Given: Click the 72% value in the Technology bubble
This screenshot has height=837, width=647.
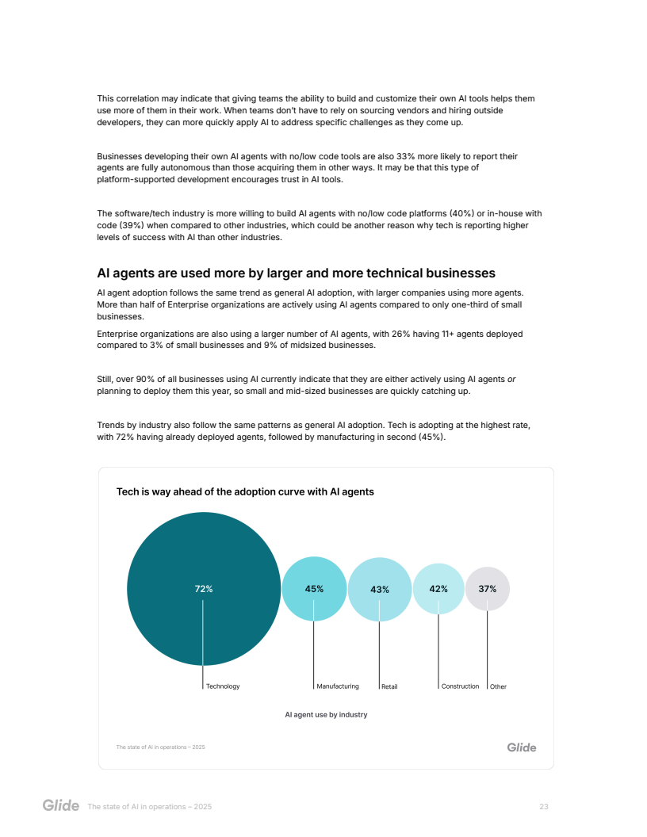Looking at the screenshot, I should point(204,589).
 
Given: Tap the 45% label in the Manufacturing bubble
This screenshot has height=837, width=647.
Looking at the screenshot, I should point(314,589).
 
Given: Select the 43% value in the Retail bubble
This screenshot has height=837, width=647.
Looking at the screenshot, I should point(380,590).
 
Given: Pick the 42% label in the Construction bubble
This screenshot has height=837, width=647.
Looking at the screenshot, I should point(438,589).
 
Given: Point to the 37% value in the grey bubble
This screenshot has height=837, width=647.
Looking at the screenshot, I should point(487,589).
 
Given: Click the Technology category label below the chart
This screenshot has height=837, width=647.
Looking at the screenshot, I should point(223,686).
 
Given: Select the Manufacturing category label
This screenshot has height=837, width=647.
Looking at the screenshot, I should point(338,686).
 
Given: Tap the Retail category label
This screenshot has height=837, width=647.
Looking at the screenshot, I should point(389,686).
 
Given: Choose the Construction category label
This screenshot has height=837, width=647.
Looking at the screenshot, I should point(460,686).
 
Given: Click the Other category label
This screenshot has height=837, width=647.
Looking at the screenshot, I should point(498,686).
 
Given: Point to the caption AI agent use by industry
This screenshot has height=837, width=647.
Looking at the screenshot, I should point(326,715).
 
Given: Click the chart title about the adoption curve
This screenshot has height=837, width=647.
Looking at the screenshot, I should point(245,492).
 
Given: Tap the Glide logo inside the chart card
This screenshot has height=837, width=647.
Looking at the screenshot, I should point(522,747).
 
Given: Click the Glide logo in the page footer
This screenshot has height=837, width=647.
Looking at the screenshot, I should point(61,806).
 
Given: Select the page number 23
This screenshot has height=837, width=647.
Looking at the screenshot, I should point(544,807).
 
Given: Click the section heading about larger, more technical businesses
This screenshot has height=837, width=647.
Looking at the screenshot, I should point(296,273).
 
